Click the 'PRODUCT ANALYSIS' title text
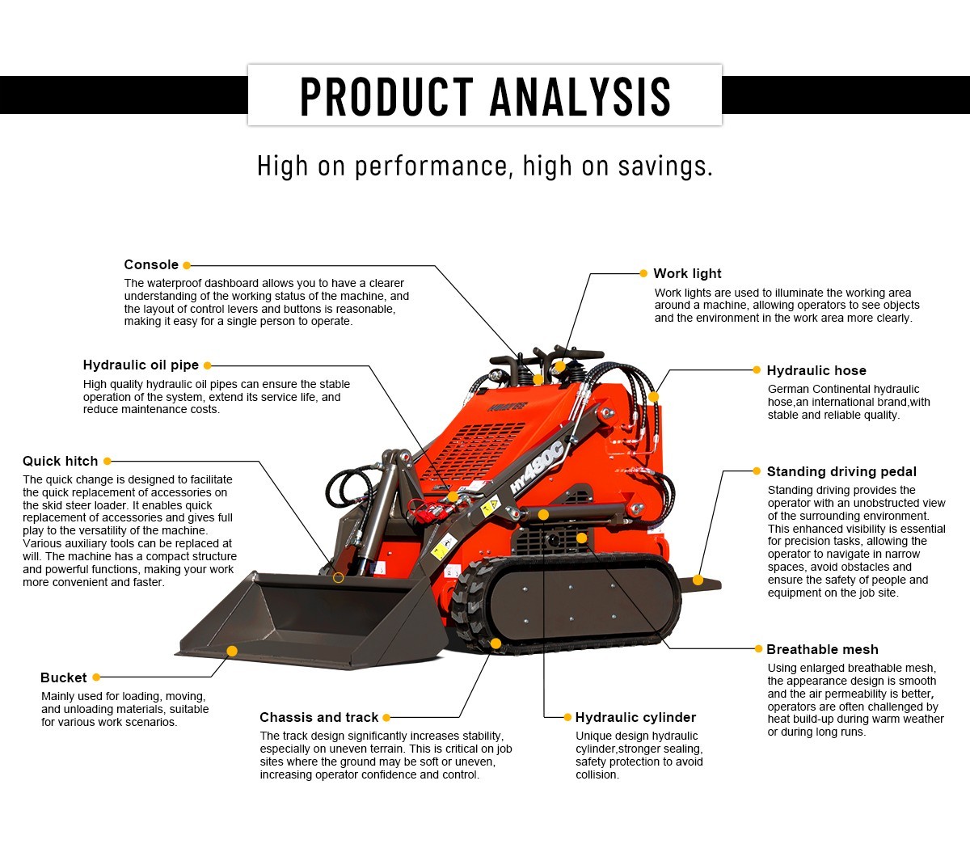pyautogui.click(x=485, y=96)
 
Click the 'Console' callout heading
pyautogui.click(x=151, y=265)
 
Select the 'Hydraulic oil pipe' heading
pyautogui.click(x=141, y=365)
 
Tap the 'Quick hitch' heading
pyautogui.click(x=60, y=462)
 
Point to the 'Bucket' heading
pyautogui.click(x=63, y=678)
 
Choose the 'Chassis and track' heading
pyautogui.click(x=318, y=718)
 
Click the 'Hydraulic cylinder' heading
pyautogui.click(x=635, y=718)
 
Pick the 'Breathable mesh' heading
pyautogui.click(x=822, y=650)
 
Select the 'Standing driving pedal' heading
pyautogui.click(x=841, y=472)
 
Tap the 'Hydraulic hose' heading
pyautogui.click(x=816, y=371)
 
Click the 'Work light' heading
pyautogui.click(x=687, y=274)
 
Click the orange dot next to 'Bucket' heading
pyautogui.click(x=96, y=677)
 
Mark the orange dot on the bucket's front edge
pyautogui.click(x=232, y=651)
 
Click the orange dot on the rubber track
pyautogui.click(x=496, y=644)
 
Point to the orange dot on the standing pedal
pyautogui.click(x=698, y=580)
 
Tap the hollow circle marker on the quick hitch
pyautogui.click(x=338, y=577)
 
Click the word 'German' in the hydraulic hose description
pyautogui.click(x=788, y=390)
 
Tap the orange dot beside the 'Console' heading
pyautogui.click(x=187, y=265)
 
